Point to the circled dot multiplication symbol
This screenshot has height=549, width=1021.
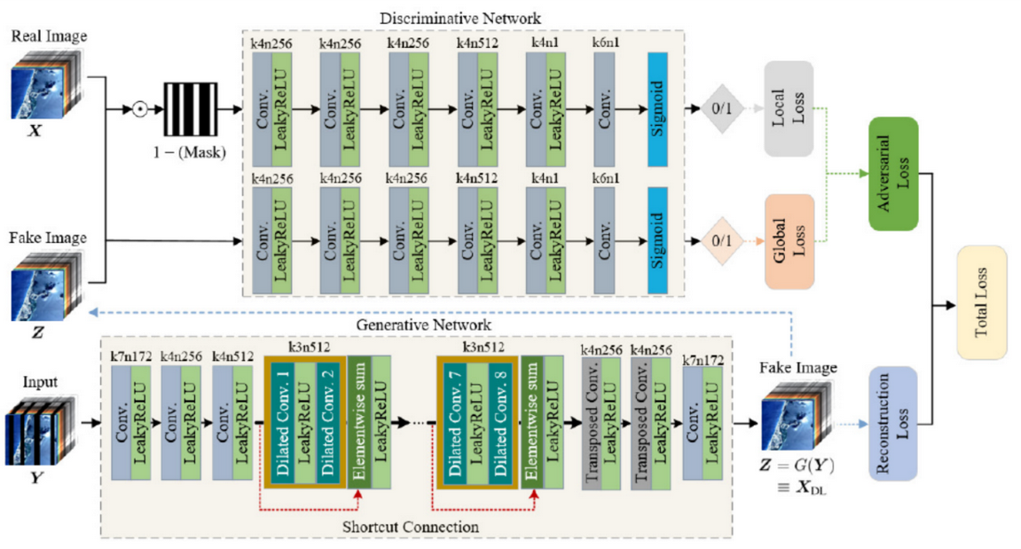[139, 111]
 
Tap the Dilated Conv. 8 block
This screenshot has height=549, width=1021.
[499, 422]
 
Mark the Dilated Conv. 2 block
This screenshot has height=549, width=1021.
[327, 422]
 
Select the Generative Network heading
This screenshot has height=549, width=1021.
[412, 325]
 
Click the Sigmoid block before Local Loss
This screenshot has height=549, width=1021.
[657, 110]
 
